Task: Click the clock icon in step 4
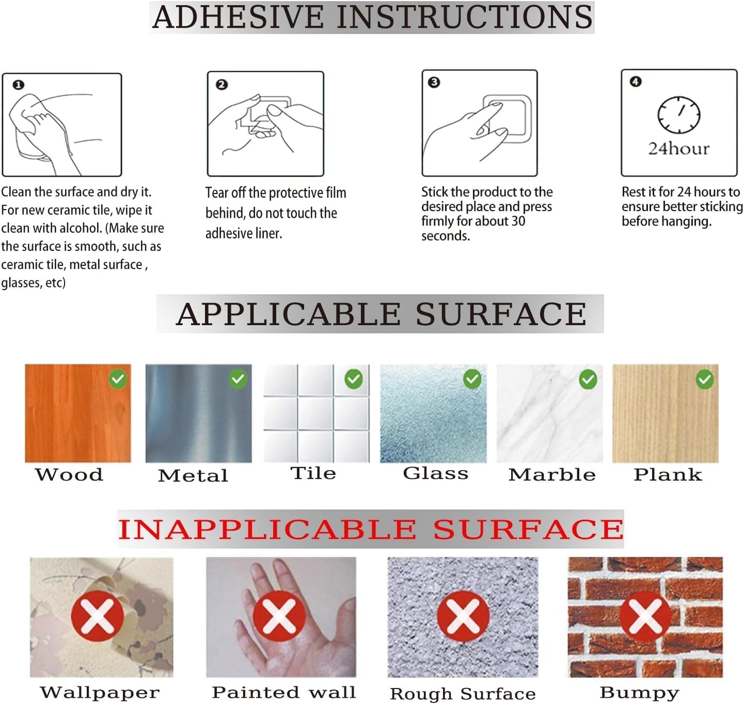pos(678,115)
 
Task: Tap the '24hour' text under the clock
pos(679,149)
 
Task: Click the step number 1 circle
pos(19,85)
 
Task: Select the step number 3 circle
pos(434,82)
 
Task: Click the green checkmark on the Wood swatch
pos(118,379)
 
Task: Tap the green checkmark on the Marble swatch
pos(588,379)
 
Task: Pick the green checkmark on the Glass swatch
pos(472,379)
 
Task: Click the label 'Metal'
pos(193,475)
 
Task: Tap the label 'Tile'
pos(313,473)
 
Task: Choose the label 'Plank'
pos(668,474)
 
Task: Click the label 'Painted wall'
pos(283,692)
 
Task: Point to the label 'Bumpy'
pos(639,693)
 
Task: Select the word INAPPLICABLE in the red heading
pos(267,530)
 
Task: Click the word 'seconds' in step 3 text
pos(445,236)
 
